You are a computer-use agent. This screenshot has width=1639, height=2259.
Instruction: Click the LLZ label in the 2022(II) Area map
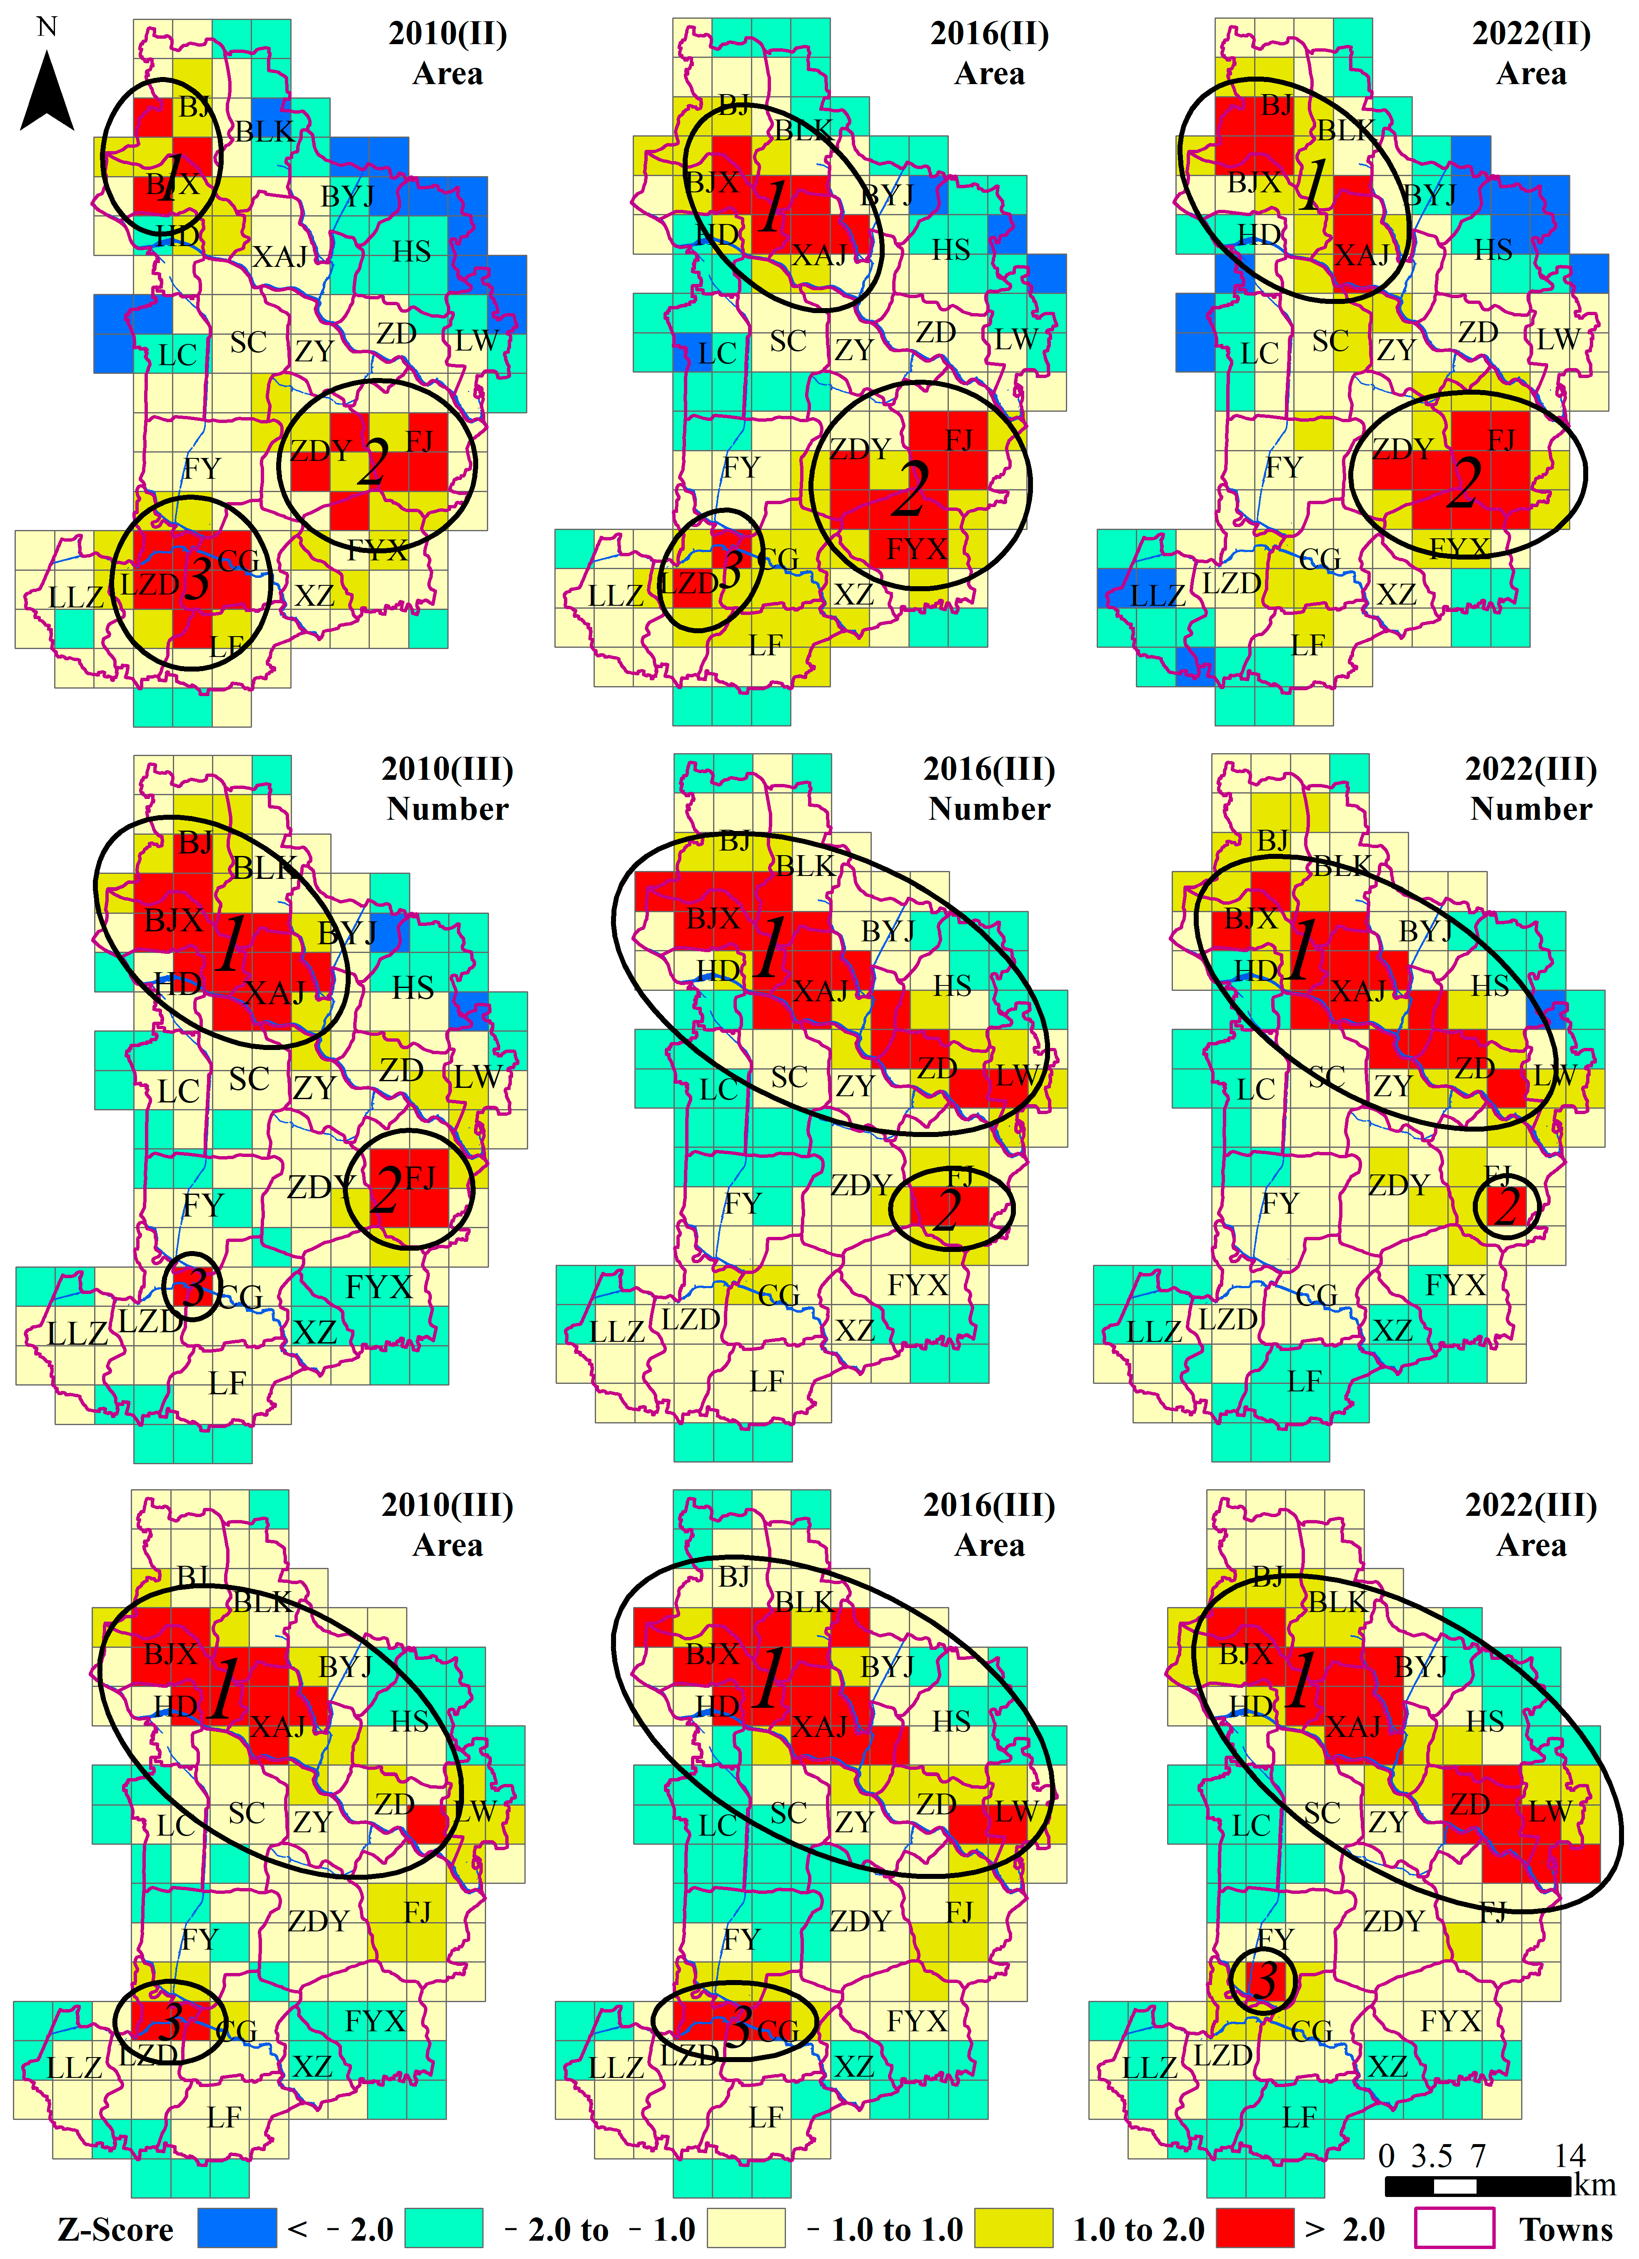(1158, 596)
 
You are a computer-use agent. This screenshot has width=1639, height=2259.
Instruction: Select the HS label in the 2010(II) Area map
(412, 251)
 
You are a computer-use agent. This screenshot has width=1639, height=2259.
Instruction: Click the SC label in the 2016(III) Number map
(789, 1077)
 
